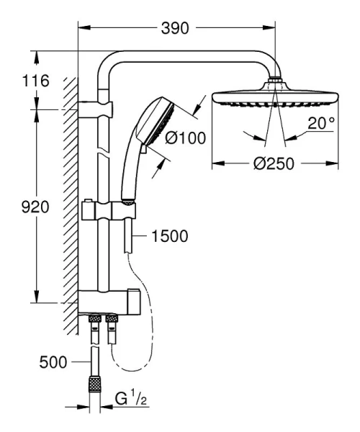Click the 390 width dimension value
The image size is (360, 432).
click(x=176, y=29)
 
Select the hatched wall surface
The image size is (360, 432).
click(x=70, y=202)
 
